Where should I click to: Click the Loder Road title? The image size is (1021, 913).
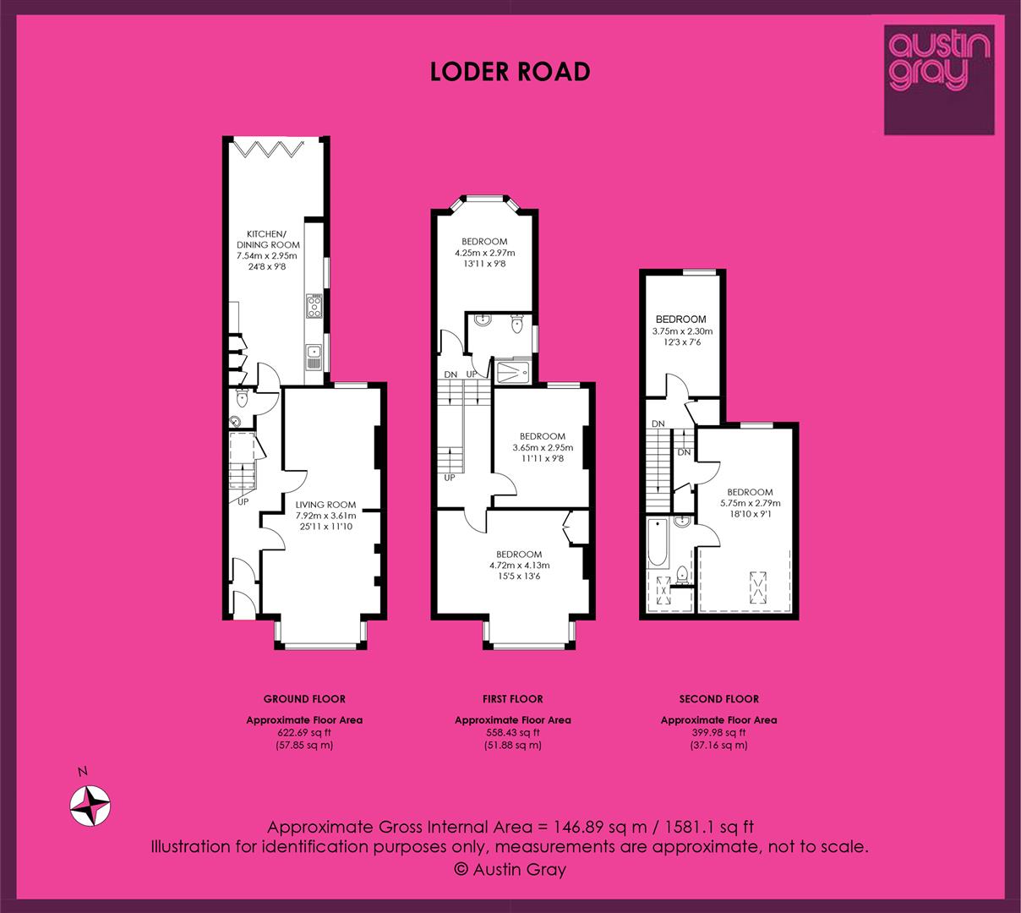(x=510, y=72)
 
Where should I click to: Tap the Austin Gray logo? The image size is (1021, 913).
(x=939, y=79)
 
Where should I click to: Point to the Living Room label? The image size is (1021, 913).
(x=325, y=505)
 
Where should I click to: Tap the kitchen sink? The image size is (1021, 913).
(x=314, y=357)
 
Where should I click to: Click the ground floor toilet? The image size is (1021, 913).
(x=243, y=398)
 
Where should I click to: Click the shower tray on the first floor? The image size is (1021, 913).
(x=512, y=373)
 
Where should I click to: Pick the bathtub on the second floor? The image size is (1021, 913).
(x=658, y=543)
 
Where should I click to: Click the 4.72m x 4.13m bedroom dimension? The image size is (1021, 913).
(x=519, y=566)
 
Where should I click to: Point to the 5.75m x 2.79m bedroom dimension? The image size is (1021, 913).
(x=750, y=503)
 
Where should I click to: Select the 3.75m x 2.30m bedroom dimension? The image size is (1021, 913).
(x=682, y=331)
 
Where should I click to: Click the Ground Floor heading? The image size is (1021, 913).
(x=304, y=699)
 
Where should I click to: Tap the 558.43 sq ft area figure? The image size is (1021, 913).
(x=512, y=733)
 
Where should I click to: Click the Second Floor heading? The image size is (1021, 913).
(x=719, y=699)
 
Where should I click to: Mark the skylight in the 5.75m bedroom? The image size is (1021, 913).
(x=758, y=587)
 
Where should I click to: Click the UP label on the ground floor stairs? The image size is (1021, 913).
(x=243, y=502)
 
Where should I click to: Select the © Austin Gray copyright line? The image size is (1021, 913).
(x=510, y=869)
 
